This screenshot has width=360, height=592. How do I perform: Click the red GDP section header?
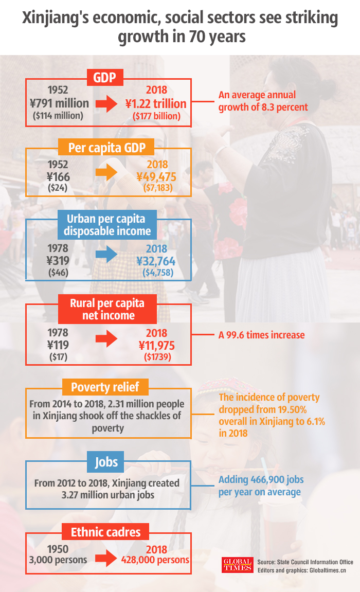(108, 78)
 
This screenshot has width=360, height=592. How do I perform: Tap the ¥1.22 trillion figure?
(156, 104)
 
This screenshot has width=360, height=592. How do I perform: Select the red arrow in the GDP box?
(108, 104)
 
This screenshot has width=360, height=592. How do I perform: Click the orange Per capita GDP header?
(108, 148)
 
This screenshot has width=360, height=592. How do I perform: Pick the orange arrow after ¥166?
(107, 172)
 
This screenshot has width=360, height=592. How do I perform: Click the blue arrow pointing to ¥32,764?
(107, 254)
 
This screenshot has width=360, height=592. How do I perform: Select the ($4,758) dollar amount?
(158, 272)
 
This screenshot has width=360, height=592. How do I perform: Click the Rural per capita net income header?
(108, 309)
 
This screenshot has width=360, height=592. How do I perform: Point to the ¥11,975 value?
(156, 345)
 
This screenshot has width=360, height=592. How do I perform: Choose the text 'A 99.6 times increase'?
(261, 335)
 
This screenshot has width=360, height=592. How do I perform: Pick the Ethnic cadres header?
(105, 532)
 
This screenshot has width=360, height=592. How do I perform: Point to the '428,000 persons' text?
(155, 560)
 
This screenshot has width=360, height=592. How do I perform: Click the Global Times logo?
(237, 565)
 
